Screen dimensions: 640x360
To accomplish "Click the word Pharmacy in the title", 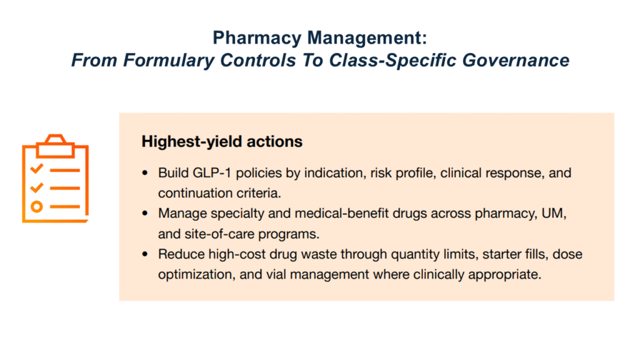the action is [257, 39].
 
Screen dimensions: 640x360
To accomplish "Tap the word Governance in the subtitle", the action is [516, 60].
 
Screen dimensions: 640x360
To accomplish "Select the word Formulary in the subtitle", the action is [169, 61].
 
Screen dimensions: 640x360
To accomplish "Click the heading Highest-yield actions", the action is [222, 142].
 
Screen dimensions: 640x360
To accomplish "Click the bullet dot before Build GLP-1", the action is [145, 173].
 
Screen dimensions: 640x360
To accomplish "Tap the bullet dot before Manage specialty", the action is [145, 213].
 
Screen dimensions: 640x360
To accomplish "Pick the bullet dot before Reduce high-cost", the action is [145, 254].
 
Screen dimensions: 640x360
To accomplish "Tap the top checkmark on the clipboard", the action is [37, 167].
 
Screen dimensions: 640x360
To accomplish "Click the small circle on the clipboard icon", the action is [37, 206].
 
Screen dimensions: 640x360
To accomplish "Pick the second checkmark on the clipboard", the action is [37, 187].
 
